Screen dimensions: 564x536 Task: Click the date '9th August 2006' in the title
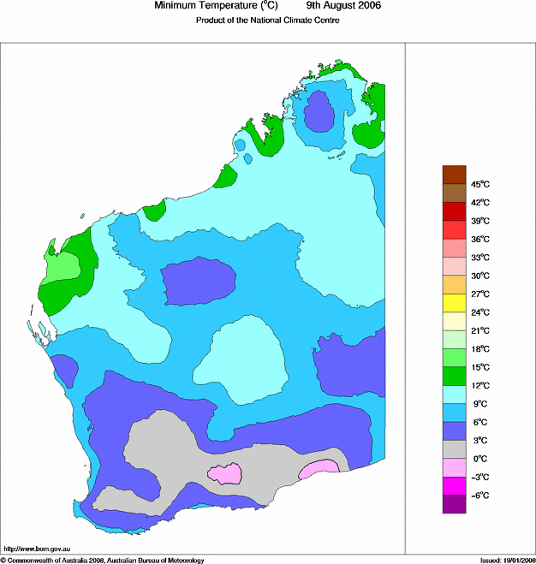343,6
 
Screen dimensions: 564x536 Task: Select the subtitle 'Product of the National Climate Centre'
268,21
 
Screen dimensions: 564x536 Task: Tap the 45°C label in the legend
479,184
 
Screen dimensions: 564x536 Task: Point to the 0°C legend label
479,459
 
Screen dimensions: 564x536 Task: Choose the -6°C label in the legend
479,496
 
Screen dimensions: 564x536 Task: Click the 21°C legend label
479,330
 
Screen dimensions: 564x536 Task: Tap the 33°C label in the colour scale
479,257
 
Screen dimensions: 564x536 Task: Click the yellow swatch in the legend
454,303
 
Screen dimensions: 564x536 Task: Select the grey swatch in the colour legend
454,449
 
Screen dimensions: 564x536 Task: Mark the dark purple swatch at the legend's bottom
454,504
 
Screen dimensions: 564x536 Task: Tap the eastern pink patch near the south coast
319,466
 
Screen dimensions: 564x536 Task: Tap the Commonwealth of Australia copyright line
103,560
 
